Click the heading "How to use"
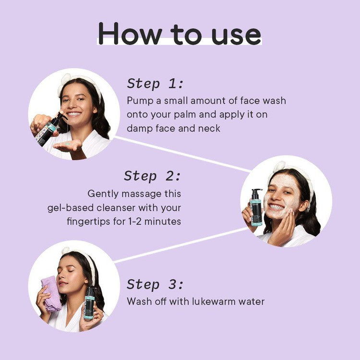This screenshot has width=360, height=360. [180, 34]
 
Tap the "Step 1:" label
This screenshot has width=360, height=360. [155, 84]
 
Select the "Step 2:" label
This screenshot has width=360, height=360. [153, 176]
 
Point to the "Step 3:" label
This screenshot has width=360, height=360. [155, 284]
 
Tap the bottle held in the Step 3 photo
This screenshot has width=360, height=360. [90, 303]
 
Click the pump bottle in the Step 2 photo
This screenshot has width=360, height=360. [256, 207]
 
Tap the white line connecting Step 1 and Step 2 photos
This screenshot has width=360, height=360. [182, 154]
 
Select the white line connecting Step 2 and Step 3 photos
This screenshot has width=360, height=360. [180, 245]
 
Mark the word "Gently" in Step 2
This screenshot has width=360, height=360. [103, 194]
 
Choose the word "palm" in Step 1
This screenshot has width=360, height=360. [184, 115]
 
